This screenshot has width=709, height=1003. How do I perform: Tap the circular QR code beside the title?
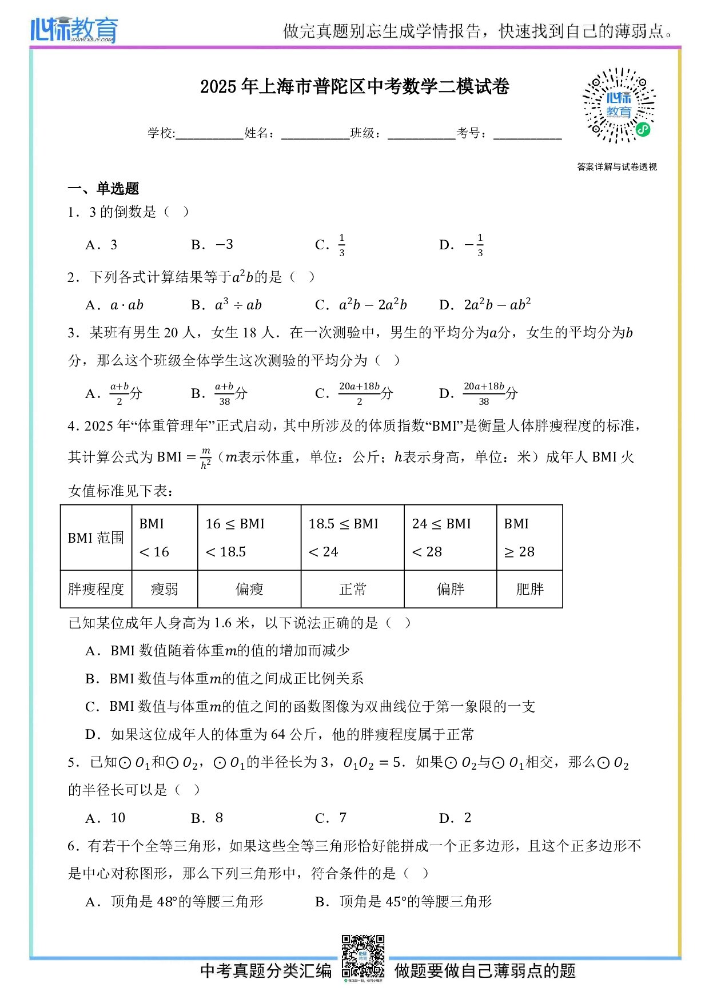click(619, 106)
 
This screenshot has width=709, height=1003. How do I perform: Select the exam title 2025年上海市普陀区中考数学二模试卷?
click(354, 86)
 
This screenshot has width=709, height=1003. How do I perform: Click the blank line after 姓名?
click(315, 135)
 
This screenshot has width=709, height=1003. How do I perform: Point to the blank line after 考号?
click(527, 135)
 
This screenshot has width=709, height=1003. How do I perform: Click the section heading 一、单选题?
click(103, 189)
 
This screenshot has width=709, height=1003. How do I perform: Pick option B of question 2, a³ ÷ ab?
click(238, 305)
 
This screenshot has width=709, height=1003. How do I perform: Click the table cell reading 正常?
click(352, 589)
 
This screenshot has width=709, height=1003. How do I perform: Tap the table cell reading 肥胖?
click(529, 589)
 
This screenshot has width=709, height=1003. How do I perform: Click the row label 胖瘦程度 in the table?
click(96, 589)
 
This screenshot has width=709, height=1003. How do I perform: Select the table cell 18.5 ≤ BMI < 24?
click(352, 538)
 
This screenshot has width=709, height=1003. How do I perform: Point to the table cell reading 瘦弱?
click(165, 589)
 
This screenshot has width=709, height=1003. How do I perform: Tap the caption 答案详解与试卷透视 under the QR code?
click(617, 167)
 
